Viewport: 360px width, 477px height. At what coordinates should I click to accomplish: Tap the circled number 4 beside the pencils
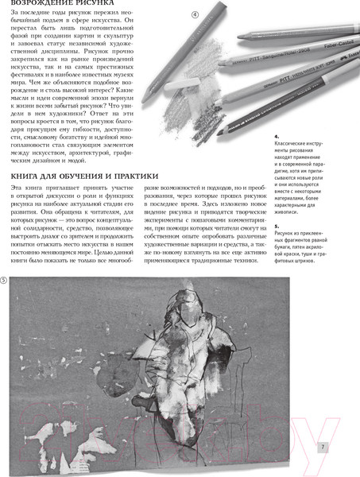click(195, 14)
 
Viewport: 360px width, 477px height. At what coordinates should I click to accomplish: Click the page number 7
click(323, 447)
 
